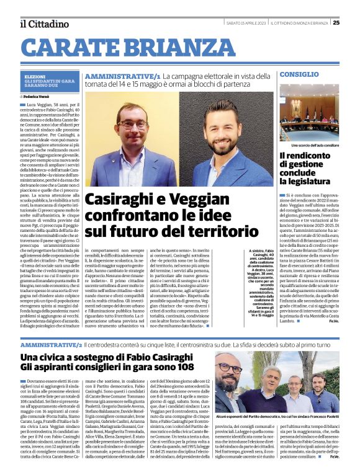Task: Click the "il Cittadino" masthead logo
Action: (43, 24)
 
